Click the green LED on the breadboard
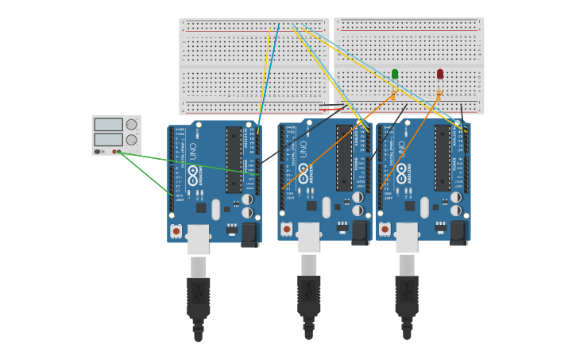click(395, 74)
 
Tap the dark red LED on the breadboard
click(440, 74)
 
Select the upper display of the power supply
click(108, 125)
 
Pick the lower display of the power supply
click(108, 140)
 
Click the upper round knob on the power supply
click(131, 125)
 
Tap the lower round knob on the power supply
click(131, 140)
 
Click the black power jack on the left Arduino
click(249, 234)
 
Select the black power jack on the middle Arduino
click(360, 232)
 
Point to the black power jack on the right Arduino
click(458, 232)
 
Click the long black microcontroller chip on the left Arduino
click(234, 160)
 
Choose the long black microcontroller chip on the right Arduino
click(443, 157)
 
